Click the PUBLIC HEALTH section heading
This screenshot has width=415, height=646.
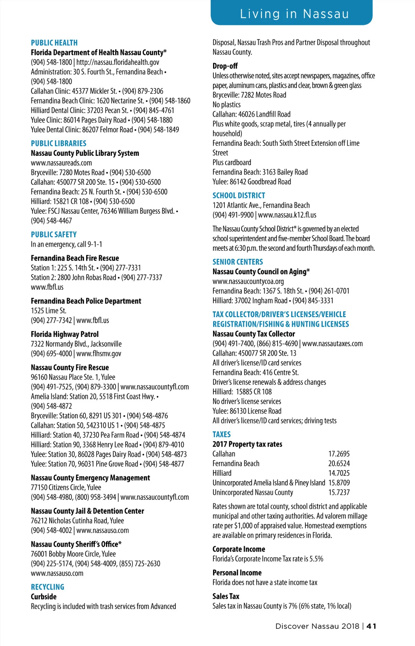point(54,43)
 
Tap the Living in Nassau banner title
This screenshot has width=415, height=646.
point(294,14)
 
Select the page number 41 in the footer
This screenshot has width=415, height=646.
point(371,626)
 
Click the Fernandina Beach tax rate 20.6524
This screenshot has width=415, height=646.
point(339,464)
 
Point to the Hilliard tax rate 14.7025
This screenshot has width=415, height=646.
point(339,473)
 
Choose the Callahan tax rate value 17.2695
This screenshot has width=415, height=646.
point(339,454)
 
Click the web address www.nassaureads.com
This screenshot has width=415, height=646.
point(61,163)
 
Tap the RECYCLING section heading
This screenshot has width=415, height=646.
point(47,587)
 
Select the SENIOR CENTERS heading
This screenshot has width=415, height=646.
point(238,262)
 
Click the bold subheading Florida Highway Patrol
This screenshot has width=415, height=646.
point(65,334)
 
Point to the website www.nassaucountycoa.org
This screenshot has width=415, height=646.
point(248,282)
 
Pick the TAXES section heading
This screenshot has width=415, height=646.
point(221,434)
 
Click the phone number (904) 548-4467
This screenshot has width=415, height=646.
point(52,221)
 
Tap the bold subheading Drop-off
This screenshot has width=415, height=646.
point(225,66)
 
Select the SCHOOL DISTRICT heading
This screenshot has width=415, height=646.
point(239,196)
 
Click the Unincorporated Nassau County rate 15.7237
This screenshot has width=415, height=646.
point(339,493)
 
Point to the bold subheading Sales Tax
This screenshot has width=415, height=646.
point(226,596)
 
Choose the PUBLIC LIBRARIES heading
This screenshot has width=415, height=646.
point(58,143)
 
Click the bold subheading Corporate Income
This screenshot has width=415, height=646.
point(239,549)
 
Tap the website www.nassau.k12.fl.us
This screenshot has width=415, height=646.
point(287,215)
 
